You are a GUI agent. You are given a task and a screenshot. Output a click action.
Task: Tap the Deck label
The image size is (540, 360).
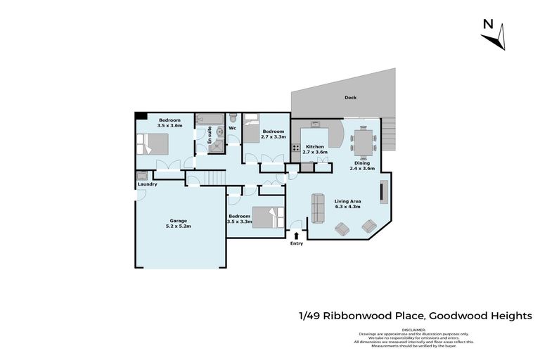point(350,98)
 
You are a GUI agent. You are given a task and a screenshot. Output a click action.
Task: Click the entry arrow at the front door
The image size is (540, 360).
point(297,235)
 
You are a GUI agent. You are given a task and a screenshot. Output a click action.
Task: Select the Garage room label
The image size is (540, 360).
point(178,221)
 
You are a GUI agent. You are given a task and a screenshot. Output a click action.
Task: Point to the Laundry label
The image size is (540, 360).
point(146,184)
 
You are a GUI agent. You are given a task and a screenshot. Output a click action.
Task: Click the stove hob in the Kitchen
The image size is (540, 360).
point(297,148)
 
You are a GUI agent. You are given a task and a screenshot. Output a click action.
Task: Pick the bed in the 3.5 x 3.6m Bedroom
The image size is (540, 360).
point(153,144)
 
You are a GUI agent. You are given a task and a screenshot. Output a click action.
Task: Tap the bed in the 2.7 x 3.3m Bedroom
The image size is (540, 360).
point(251,129)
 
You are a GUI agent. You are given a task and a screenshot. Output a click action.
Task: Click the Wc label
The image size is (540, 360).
point(232,128)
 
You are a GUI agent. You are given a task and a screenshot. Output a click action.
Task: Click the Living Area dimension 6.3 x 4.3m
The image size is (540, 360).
point(347,207)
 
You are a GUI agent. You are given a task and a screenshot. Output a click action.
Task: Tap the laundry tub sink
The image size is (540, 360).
point(142,175)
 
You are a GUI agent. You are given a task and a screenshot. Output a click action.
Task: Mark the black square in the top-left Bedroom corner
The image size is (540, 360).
point(141,116)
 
